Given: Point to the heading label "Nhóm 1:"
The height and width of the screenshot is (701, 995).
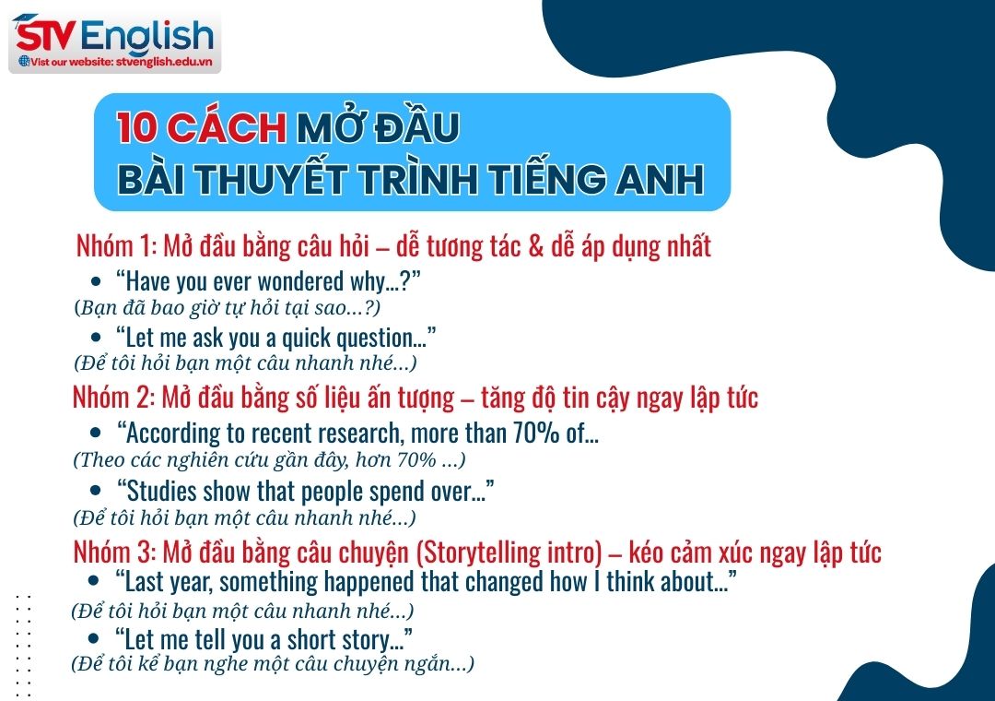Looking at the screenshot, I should click(x=116, y=247).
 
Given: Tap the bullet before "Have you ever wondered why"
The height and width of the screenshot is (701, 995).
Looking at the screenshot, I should click(x=96, y=280).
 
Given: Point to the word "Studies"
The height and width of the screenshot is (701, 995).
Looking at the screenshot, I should click(x=161, y=491).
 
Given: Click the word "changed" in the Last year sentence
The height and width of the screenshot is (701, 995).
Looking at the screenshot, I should click(x=497, y=582).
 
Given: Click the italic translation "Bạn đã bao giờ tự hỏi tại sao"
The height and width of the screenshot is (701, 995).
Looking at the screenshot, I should click(x=227, y=306).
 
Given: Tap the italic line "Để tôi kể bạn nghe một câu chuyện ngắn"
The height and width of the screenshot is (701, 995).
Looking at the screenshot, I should click(x=273, y=663).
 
